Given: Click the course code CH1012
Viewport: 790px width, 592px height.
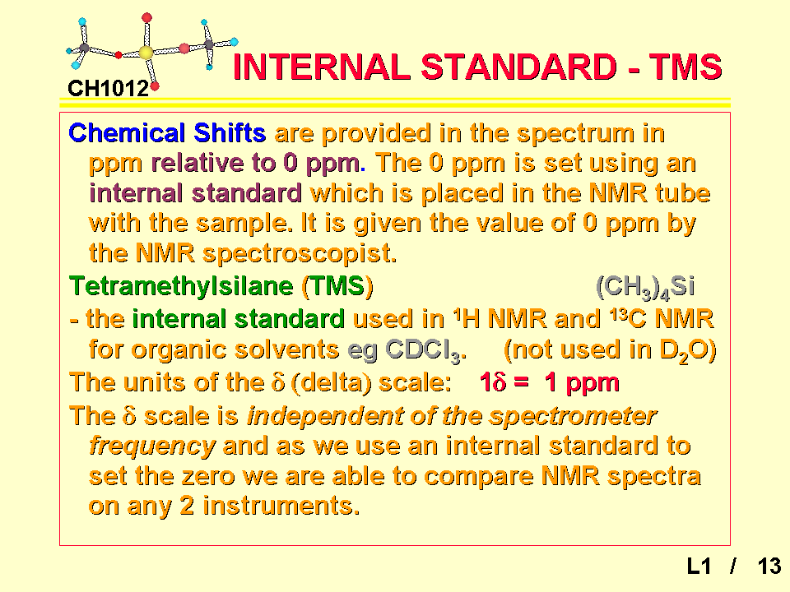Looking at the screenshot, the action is tap(109, 89).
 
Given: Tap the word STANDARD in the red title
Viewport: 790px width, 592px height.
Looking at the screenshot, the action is tap(518, 67).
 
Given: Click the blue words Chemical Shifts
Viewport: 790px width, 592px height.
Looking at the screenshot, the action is tap(167, 133).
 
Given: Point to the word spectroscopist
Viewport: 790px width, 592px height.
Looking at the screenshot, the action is tap(300, 253).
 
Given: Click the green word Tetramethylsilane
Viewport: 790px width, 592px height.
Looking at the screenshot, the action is tap(181, 286).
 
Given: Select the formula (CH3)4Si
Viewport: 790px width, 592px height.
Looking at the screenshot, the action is tap(645, 287).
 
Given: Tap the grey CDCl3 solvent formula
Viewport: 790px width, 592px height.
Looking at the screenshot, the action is tap(425, 350).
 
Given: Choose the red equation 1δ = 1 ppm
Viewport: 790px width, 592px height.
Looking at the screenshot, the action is tap(549, 382).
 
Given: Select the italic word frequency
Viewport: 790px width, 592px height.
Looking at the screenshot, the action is tap(152, 446).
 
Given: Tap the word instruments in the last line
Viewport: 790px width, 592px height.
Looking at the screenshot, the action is tap(281, 506).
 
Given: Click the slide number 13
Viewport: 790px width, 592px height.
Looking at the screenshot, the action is tap(769, 567).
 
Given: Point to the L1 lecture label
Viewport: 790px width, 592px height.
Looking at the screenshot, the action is tap(699, 567).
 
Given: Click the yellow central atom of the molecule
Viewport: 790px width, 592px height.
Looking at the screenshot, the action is tap(146, 53).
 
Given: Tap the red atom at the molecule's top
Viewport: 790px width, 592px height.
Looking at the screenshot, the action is tap(146, 18).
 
